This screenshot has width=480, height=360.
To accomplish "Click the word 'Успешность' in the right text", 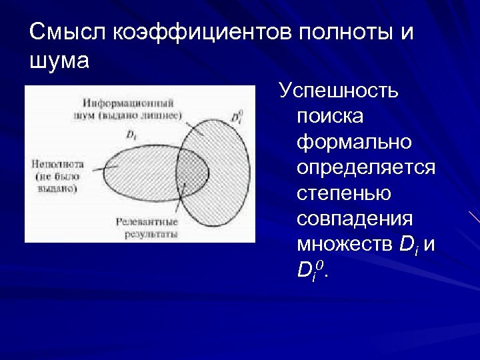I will (x=339, y=91).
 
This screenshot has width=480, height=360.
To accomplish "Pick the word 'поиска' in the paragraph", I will (x=331, y=116).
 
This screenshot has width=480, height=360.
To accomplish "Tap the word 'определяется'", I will (x=366, y=168).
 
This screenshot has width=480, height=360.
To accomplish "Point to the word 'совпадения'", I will (x=355, y=219).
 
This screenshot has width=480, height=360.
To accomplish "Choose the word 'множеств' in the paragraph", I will (x=345, y=245).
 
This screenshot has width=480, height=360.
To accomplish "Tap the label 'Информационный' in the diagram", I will (x=129, y=103).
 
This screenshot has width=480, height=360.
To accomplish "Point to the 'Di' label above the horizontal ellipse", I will (x=131, y=134).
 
